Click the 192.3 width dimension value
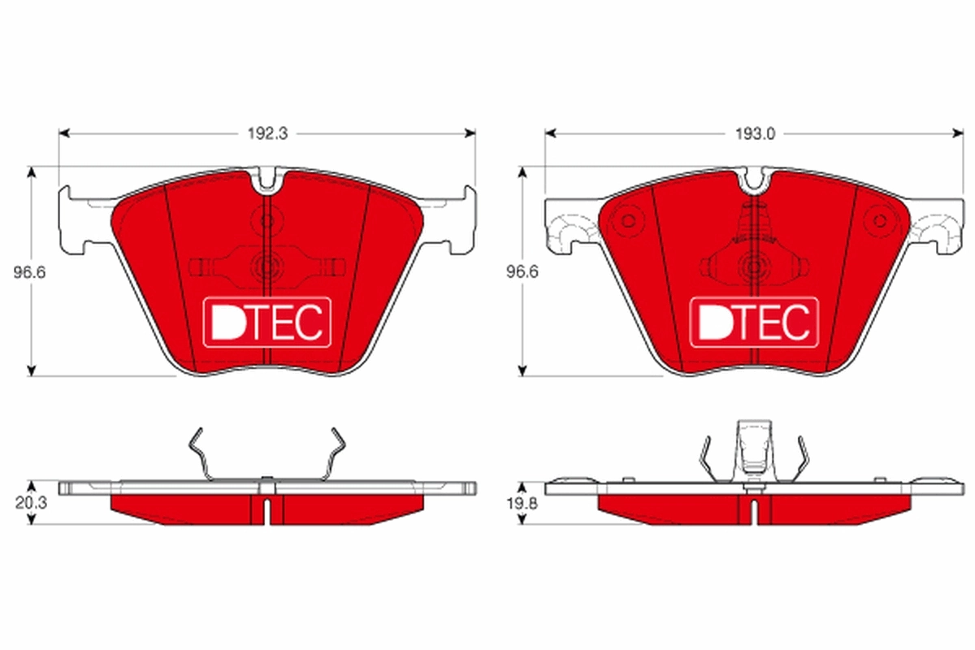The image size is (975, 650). (267, 133)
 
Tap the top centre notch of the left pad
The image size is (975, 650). (267, 180)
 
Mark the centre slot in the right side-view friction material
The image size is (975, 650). (754, 509)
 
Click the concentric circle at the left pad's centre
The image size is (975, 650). (266, 265)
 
